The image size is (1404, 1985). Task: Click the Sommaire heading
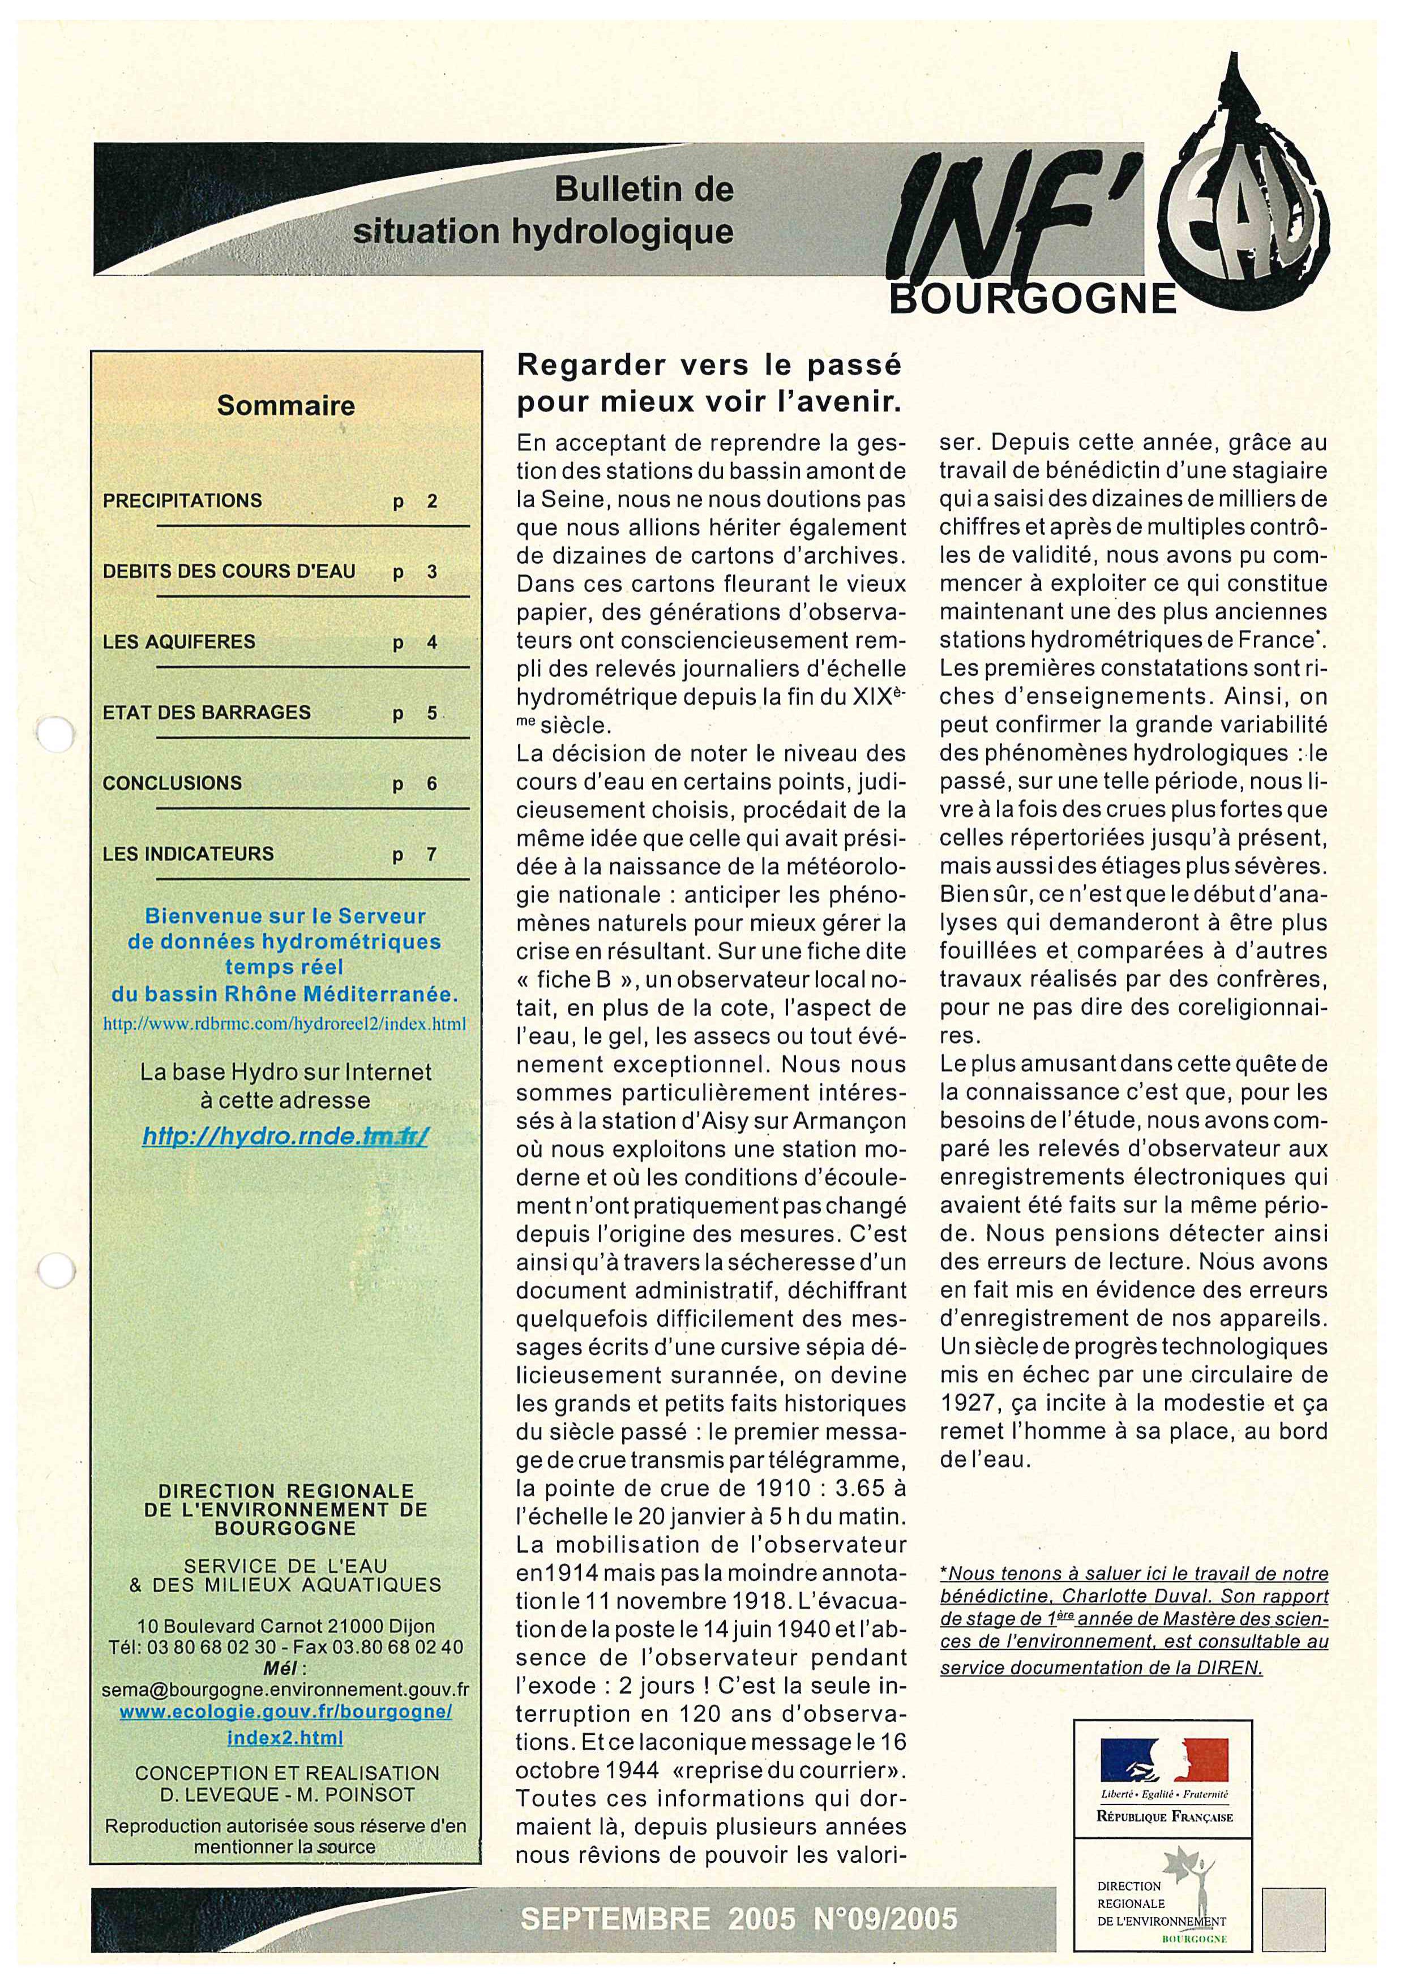tap(285, 405)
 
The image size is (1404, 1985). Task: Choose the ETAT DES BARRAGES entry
tap(207, 713)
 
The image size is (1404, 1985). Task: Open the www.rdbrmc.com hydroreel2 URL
tap(284, 1024)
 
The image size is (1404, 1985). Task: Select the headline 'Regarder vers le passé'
tap(708, 366)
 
